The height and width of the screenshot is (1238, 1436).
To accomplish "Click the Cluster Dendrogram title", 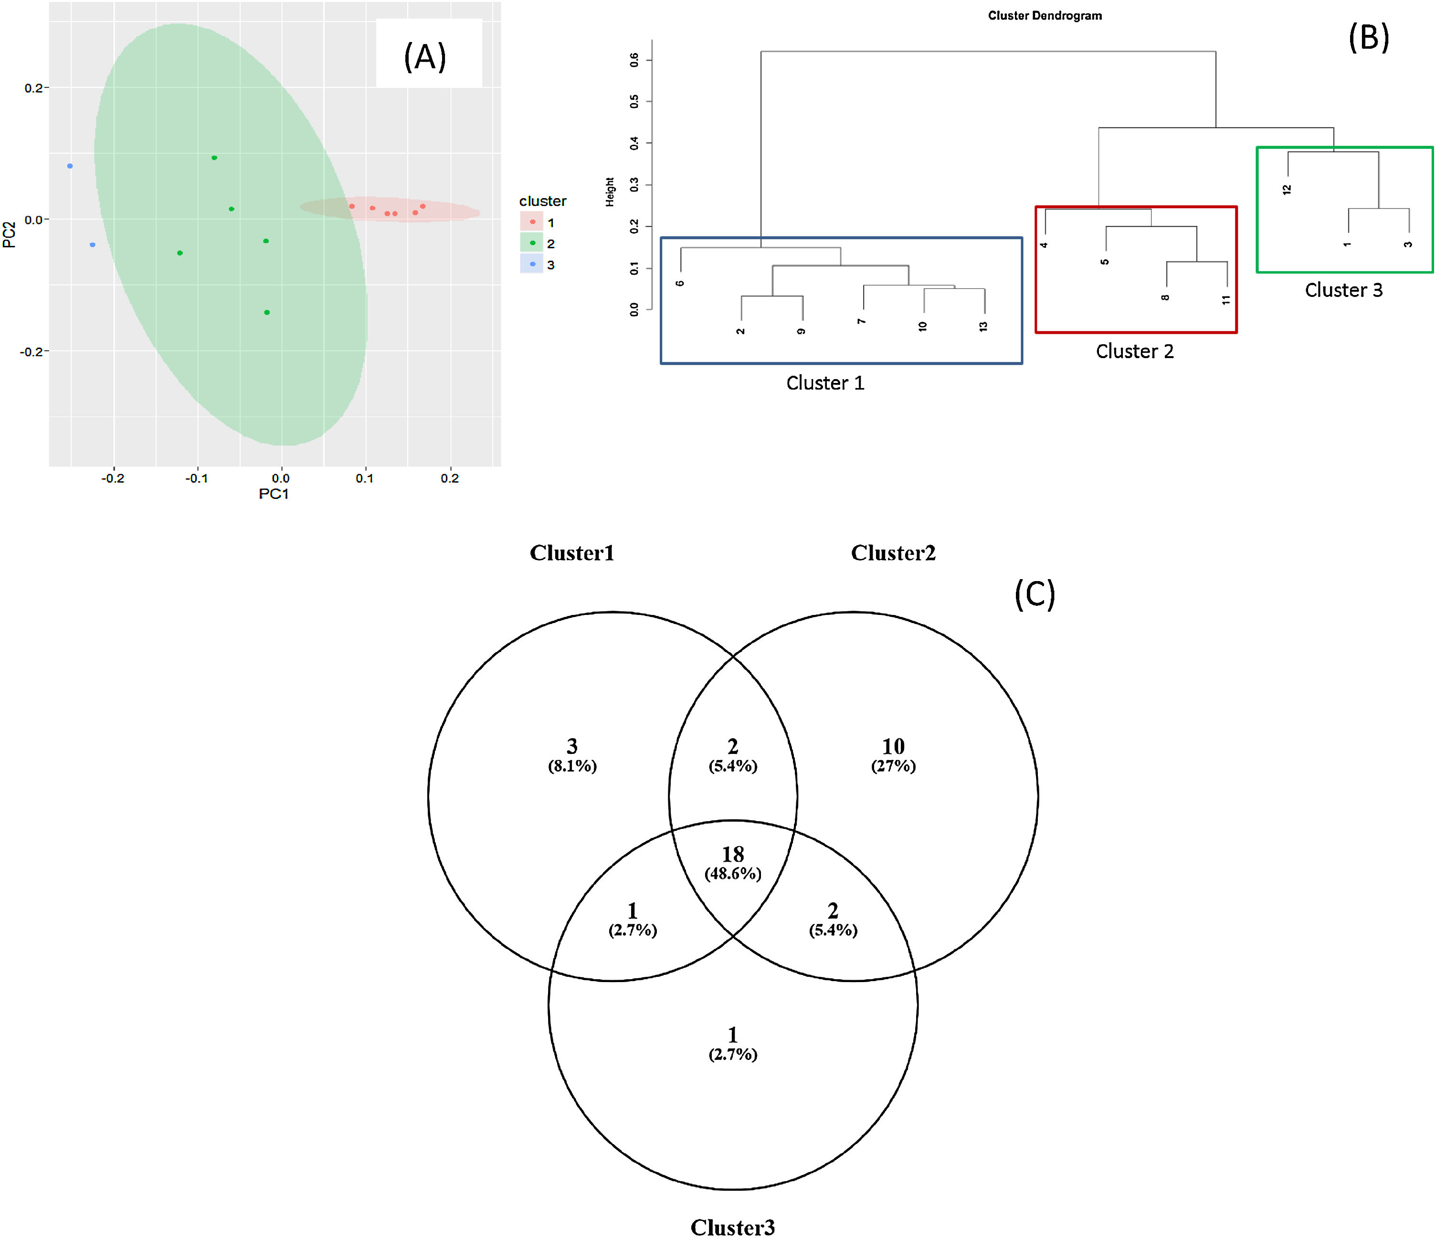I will pos(1045,15).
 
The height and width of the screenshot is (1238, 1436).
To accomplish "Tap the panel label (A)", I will pos(425,56).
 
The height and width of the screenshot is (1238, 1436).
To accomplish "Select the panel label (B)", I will pos(1368,37).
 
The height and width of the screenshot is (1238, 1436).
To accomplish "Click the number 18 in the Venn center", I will pos(732,855).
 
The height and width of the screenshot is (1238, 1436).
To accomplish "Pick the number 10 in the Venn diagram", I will pos(893,747).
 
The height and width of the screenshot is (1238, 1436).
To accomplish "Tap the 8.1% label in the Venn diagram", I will pos(572,766).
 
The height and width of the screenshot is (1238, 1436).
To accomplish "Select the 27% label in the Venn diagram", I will pos(893,766).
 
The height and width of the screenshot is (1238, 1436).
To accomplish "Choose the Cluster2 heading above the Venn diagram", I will pos(893,552).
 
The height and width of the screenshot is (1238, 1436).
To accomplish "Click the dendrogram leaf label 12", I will pos(1287,189).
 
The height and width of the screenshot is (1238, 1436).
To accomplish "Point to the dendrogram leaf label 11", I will pos(1226,299).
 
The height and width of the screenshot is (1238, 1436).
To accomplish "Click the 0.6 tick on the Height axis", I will pos(634,60).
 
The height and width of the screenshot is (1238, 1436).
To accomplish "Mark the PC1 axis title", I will pos(273,494).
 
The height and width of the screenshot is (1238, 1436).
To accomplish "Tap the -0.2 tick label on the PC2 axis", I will pos(31,351).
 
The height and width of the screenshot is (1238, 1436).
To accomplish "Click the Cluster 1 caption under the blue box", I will pos(825,382).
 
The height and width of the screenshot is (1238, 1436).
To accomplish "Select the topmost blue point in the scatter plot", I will pos(70,166).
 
